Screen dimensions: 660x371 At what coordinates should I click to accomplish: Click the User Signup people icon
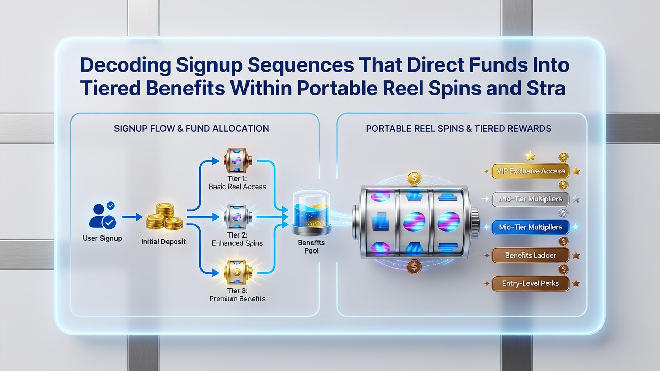coord(102,216)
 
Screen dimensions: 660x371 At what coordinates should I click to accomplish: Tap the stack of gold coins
coord(164,217)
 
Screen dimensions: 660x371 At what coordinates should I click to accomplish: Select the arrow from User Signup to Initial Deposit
coord(133,217)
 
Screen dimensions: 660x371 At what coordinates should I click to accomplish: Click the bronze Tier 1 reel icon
coord(238,160)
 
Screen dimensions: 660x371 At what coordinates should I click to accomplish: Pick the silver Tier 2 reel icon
coord(238,217)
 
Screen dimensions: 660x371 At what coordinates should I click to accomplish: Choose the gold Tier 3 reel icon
coord(238,273)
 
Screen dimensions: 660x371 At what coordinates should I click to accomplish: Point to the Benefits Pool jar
coord(311,212)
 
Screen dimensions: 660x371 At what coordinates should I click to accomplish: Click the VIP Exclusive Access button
coord(531,171)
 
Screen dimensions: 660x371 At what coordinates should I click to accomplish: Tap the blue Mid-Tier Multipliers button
coord(531,227)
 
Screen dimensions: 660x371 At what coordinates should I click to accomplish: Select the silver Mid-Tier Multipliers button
coord(531,199)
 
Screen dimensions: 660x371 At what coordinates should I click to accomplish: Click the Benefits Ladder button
coord(531,255)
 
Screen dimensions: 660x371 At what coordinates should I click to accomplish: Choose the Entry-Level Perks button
coord(531,283)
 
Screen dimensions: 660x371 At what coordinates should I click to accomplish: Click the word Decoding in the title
coord(125,66)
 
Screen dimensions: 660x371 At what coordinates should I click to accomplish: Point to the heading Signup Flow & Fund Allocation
coord(191,129)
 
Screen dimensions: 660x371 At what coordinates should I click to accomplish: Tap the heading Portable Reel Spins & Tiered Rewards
coord(458,129)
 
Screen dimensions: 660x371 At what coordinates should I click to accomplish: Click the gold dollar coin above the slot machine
coord(414,178)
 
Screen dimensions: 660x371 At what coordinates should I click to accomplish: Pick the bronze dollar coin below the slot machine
coord(414,267)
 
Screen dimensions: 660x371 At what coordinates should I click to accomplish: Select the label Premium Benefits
coord(238,299)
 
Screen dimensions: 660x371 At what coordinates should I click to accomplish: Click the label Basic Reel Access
coord(238,187)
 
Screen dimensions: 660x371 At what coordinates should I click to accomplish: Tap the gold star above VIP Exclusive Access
coord(531,156)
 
